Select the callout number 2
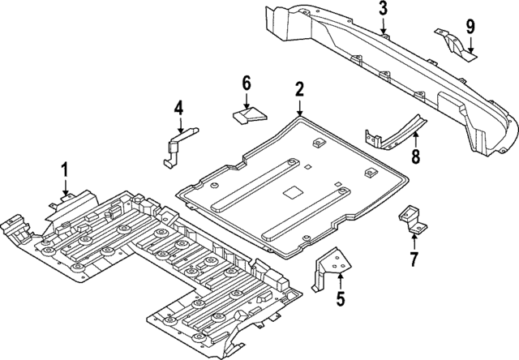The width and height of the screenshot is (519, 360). tap(299, 88)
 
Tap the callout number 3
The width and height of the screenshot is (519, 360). tap(384, 10)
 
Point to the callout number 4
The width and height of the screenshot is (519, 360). tap(179, 106)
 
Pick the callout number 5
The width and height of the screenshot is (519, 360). tap(341, 299)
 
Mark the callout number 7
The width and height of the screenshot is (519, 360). tap(414, 259)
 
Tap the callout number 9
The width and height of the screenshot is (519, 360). tap(470, 25)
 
